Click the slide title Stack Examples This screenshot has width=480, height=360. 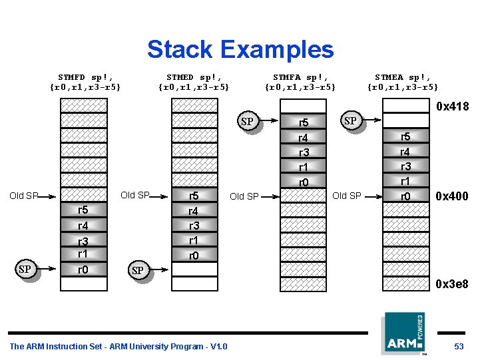click(240, 49)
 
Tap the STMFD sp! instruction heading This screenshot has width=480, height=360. click(85, 82)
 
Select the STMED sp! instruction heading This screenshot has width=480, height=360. click(194, 82)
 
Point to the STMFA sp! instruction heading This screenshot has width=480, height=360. click(301, 82)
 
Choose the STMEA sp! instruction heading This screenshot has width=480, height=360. click(403, 82)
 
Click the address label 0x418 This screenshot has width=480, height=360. click(452, 106)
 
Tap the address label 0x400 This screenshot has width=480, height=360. click(451, 196)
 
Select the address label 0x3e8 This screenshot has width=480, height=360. click(452, 284)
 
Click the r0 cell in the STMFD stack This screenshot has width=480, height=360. click(83, 270)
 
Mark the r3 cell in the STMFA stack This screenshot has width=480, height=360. click(304, 152)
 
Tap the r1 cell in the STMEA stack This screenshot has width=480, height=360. click(405, 181)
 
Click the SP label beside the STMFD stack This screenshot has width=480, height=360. click(25, 270)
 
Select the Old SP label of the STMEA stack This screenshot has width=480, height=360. click(346, 196)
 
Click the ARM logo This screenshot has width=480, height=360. click(403, 334)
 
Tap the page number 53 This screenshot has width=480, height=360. click(459, 346)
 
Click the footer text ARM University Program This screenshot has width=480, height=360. click(119, 346)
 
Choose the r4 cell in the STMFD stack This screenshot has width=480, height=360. click(83, 226)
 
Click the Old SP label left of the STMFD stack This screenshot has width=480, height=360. click(23, 196)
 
